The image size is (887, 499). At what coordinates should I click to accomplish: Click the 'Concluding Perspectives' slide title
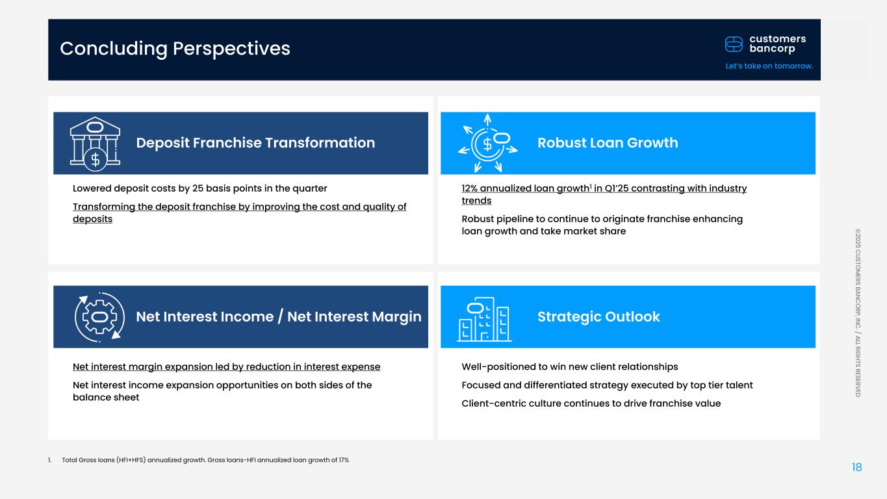175,49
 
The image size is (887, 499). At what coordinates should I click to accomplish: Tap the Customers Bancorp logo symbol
734,44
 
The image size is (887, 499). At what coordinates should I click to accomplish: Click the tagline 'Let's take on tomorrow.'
769,66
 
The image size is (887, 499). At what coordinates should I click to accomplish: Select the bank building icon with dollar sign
95,144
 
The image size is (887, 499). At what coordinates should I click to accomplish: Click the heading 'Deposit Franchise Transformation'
255,142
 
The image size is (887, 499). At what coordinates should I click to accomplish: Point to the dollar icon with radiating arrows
488,143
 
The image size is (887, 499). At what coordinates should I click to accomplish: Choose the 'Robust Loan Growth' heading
608,142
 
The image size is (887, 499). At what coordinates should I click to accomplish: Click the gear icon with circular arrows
99,317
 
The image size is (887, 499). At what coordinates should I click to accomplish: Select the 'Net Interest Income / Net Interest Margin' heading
278,316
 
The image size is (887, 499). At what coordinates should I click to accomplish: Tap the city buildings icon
484,319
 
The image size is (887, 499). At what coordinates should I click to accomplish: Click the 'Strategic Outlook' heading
598,316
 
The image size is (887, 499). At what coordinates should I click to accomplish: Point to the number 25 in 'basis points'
198,188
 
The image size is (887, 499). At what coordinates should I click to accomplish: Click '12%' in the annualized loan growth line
469,188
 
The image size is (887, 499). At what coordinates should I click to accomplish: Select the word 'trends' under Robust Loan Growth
476,200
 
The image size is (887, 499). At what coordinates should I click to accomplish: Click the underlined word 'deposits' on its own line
93,218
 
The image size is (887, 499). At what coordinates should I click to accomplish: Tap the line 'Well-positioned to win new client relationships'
570,366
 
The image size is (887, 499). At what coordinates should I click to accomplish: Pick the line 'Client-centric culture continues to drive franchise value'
591,403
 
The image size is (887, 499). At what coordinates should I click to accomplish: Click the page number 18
856,467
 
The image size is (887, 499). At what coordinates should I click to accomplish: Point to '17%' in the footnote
344,460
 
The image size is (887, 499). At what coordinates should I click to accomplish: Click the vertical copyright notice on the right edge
858,313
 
